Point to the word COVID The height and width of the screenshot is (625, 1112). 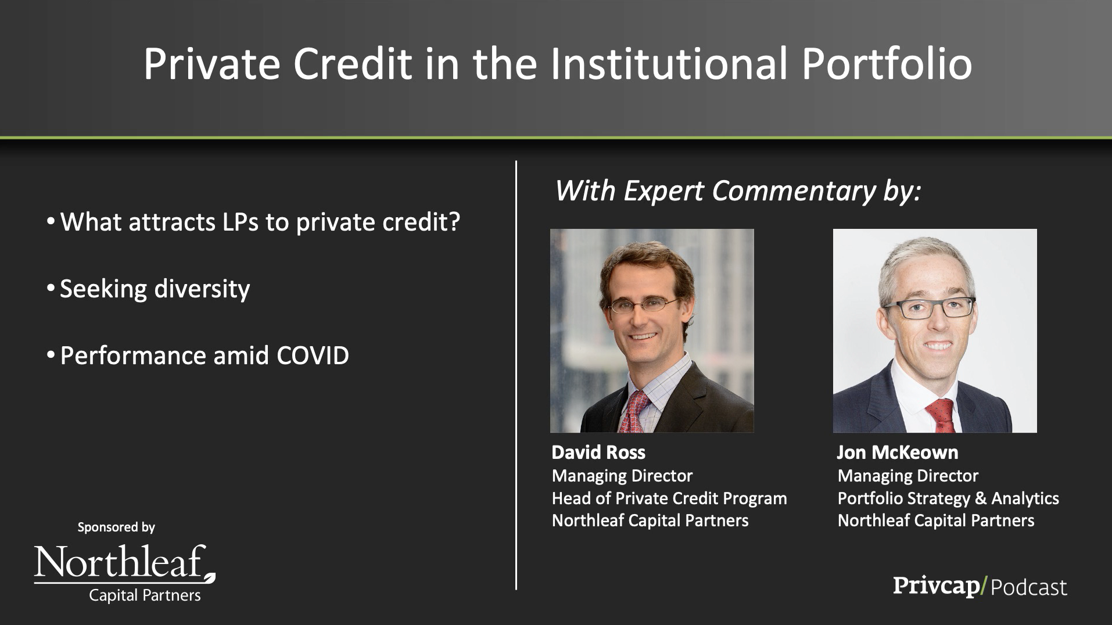pos(313,355)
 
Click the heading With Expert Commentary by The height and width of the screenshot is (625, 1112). pos(738,191)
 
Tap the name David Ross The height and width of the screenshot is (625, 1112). pos(598,452)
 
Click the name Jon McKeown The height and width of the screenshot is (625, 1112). pos(898,452)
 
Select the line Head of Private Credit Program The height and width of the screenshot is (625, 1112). pos(669,498)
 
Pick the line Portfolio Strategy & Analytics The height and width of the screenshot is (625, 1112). pos(948,498)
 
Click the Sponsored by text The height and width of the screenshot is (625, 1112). pos(116,527)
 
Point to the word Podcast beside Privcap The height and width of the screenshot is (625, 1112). pos(1028,587)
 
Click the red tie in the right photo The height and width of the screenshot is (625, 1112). pos(941,415)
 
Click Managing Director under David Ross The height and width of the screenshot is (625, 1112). pos(622,476)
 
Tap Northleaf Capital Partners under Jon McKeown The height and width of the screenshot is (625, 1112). pos(936,520)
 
